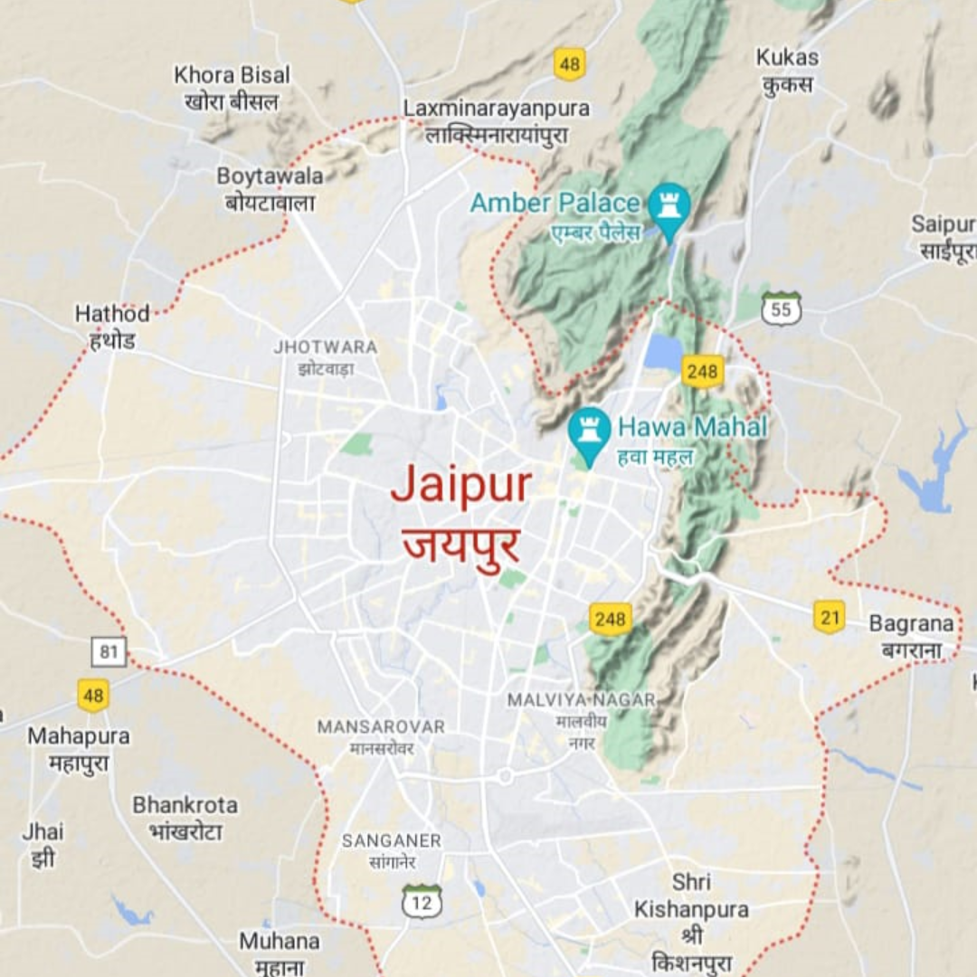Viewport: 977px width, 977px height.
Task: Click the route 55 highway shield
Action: point(781,308)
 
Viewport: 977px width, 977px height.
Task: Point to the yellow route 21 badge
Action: point(829,616)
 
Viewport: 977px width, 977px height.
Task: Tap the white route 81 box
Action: point(109,651)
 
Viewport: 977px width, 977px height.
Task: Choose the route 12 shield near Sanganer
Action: point(422,901)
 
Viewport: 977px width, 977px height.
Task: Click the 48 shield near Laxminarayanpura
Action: point(569,63)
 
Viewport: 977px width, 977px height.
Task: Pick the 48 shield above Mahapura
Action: point(93,695)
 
